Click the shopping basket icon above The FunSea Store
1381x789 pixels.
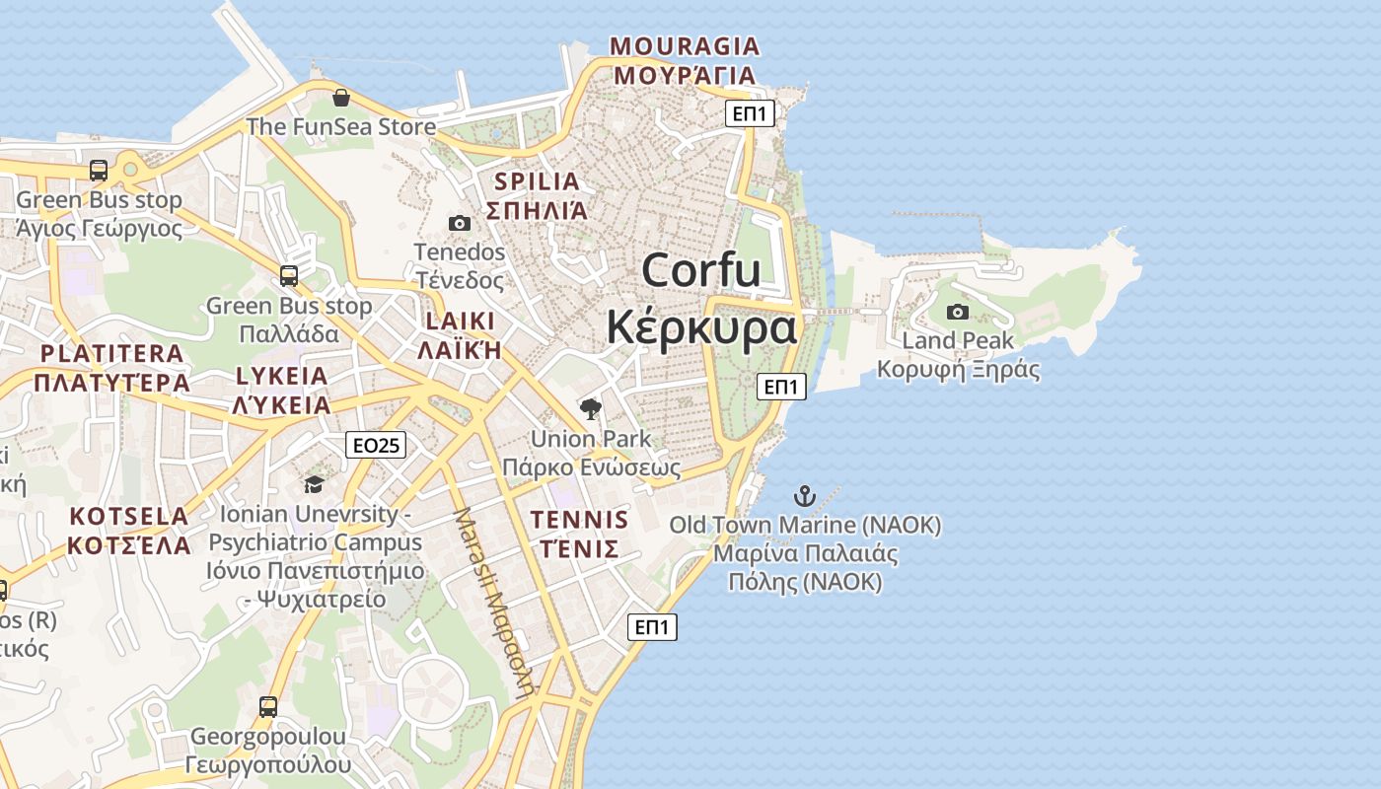point(340,98)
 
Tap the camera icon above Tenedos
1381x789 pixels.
point(460,223)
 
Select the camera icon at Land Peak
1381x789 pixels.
point(957,313)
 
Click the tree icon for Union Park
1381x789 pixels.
point(591,408)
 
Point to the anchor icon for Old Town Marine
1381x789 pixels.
point(805,495)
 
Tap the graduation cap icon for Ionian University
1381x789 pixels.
point(314,484)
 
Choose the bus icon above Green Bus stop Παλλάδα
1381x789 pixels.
point(288,276)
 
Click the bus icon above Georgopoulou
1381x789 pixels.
point(268,706)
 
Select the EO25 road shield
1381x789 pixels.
point(376,446)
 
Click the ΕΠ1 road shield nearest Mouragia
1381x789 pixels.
point(750,114)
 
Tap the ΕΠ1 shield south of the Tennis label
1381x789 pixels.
point(652,627)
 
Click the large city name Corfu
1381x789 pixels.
point(701,270)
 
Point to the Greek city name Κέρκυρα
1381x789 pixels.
point(701,326)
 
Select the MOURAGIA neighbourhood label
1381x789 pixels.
point(685,46)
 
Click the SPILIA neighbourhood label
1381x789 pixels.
point(537,181)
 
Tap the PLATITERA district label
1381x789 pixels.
point(111,353)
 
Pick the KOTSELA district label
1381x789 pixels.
point(128,516)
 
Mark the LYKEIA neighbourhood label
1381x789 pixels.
point(282,376)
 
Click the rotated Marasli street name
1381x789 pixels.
point(492,602)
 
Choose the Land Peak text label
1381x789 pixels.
point(958,341)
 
